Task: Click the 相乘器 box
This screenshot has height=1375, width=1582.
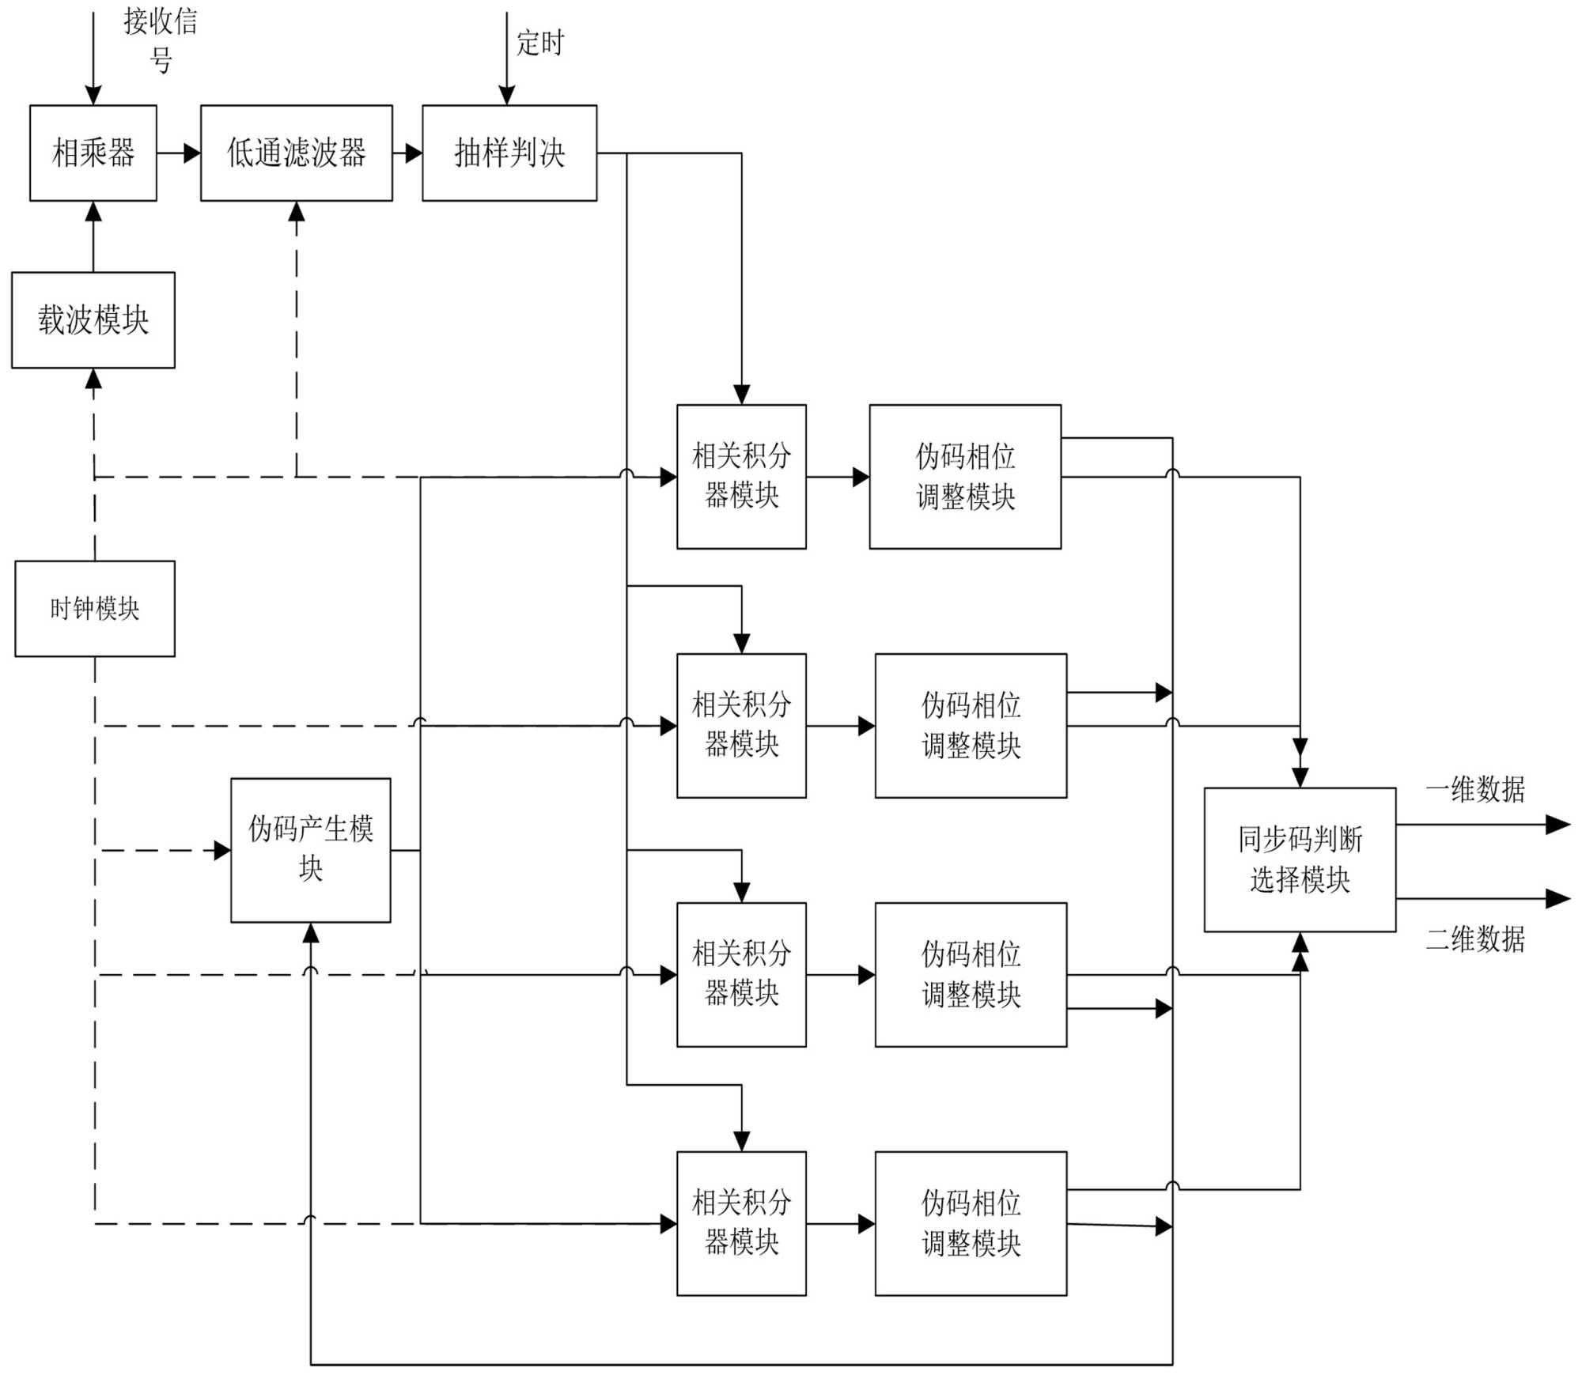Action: coord(93,153)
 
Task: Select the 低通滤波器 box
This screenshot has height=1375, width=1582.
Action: coord(296,153)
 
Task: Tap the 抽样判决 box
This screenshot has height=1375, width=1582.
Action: coord(509,153)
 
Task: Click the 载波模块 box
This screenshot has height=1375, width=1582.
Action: coord(93,319)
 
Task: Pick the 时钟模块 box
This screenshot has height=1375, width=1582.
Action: coord(95,608)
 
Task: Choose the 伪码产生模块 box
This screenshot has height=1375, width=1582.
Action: coord(311,850)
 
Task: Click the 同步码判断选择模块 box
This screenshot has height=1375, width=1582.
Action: coord(1300,859)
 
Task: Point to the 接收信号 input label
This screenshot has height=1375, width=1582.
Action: coord(161,40)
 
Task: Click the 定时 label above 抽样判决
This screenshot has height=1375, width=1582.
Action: coord(540,43)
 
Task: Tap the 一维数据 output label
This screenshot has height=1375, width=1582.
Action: coord(1475,789)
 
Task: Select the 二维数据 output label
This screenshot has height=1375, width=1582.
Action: coord(1475,939)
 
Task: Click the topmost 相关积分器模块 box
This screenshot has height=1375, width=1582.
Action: coord(741,476)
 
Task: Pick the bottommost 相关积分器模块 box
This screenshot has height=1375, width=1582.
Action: coord(741,1223)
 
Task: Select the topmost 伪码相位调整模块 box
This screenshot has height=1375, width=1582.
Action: coord(965,476)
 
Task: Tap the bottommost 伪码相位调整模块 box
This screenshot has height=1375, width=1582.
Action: coord(971,1223)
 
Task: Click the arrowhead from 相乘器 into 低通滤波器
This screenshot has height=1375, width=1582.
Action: coord(192,153)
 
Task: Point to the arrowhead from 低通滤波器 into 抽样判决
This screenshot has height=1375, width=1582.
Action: coord(414,153)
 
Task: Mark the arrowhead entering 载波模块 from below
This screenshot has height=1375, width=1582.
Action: coord(93,379)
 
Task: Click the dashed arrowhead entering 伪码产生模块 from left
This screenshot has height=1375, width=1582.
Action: coord(222,851)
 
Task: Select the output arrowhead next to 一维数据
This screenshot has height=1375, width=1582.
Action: coord(1558,825)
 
